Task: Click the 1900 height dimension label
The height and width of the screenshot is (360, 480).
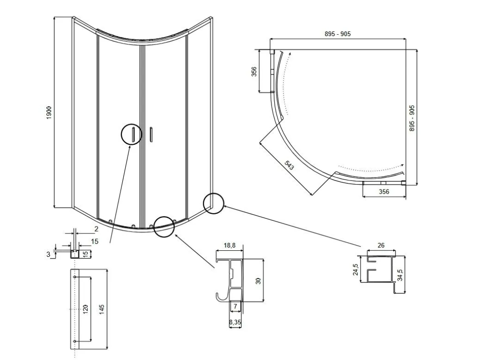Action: click(x=49, y=113)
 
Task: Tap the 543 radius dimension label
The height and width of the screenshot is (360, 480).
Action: click(x=289, y=165)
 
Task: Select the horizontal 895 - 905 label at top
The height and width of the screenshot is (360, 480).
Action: click(x=337, y=34)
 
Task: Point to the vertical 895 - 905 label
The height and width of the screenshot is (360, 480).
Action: click(x=412, y=119)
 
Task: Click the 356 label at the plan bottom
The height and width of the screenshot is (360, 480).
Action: click(x=384, y=192)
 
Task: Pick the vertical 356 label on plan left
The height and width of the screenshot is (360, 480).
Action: click(x=254, y=71)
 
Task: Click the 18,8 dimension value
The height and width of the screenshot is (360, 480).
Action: click(x=230, y=245)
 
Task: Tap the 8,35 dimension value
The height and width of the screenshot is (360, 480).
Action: click(x=235, y=322)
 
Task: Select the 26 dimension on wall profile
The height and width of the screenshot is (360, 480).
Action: click(x=381, y=245)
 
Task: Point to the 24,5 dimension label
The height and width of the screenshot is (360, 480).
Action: click(x=355, y=270)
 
